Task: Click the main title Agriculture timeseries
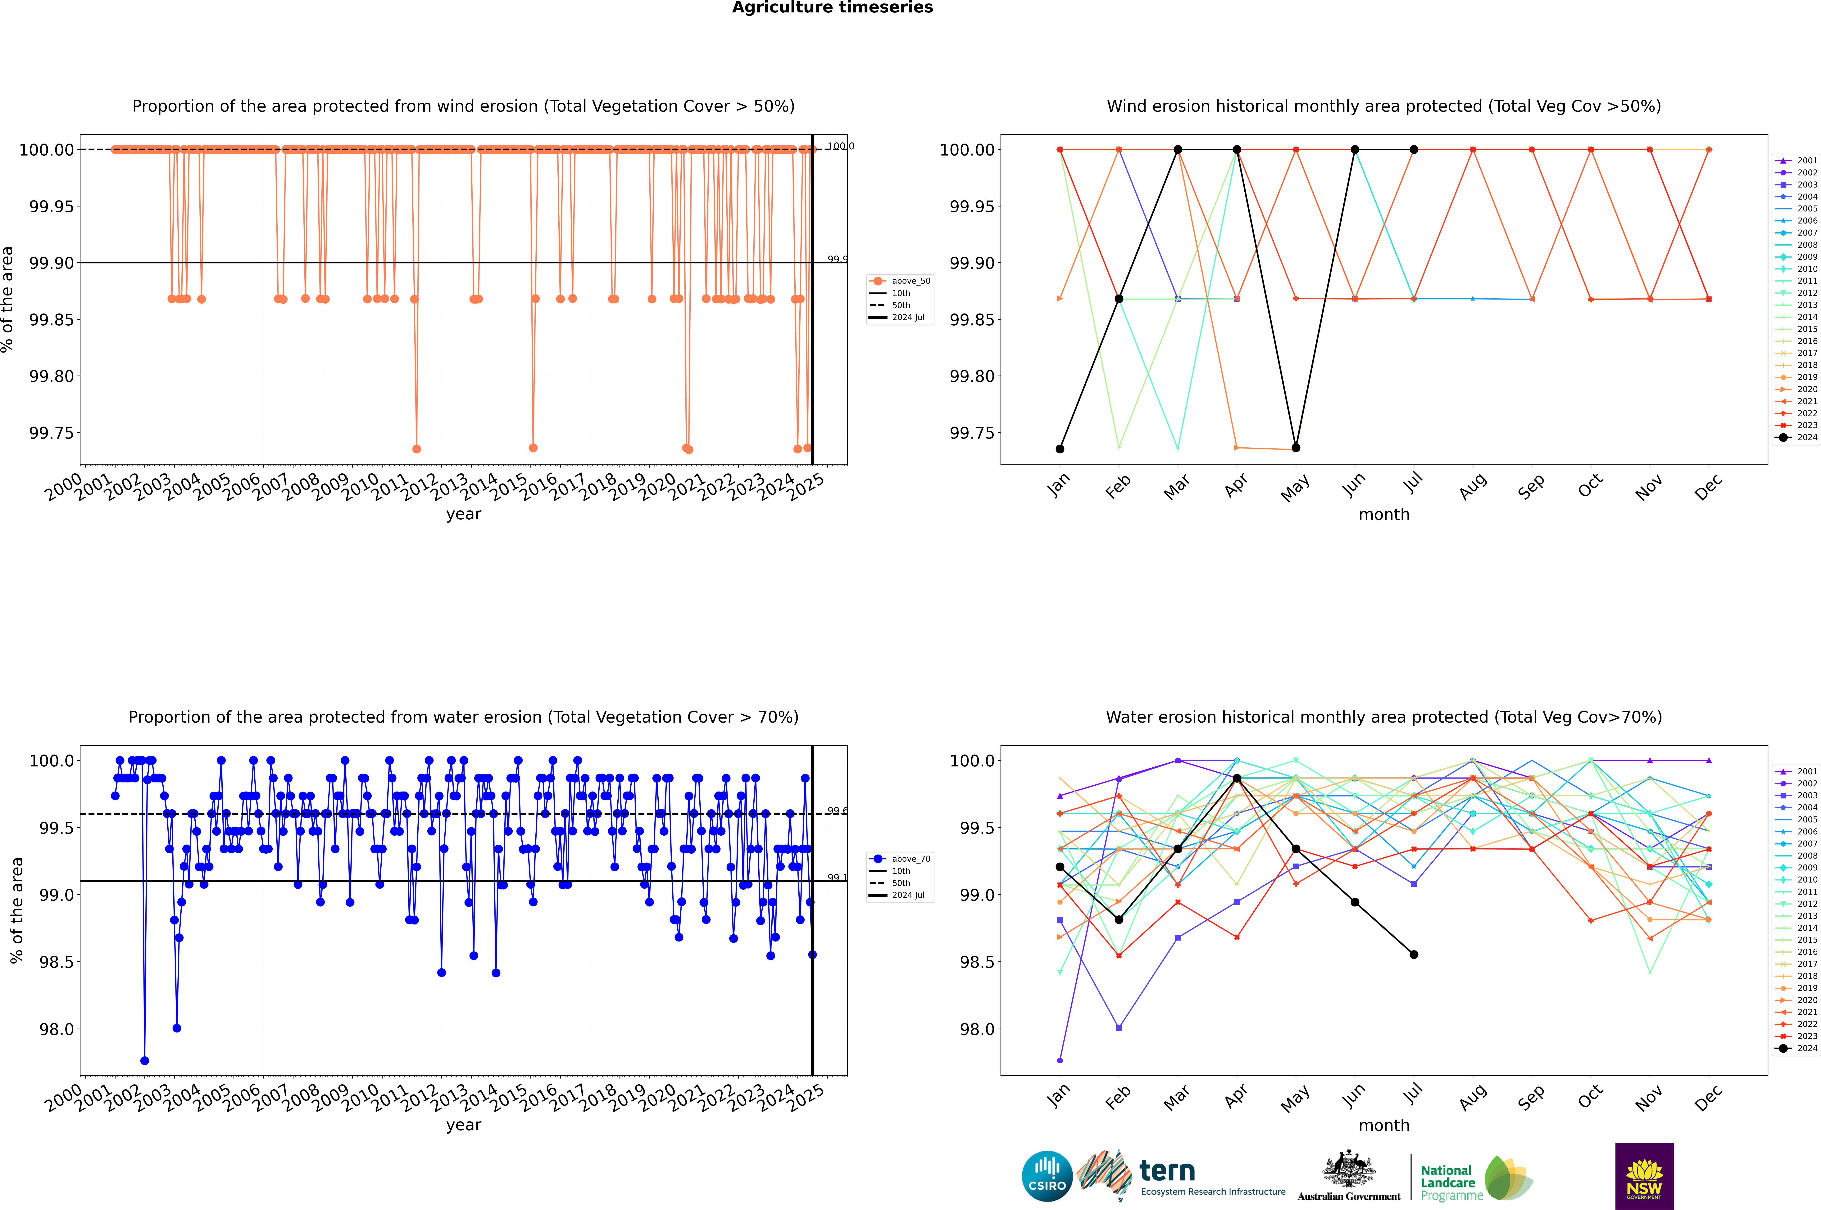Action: [832, 8]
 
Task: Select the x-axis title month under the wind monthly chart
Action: [1383, 515]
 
